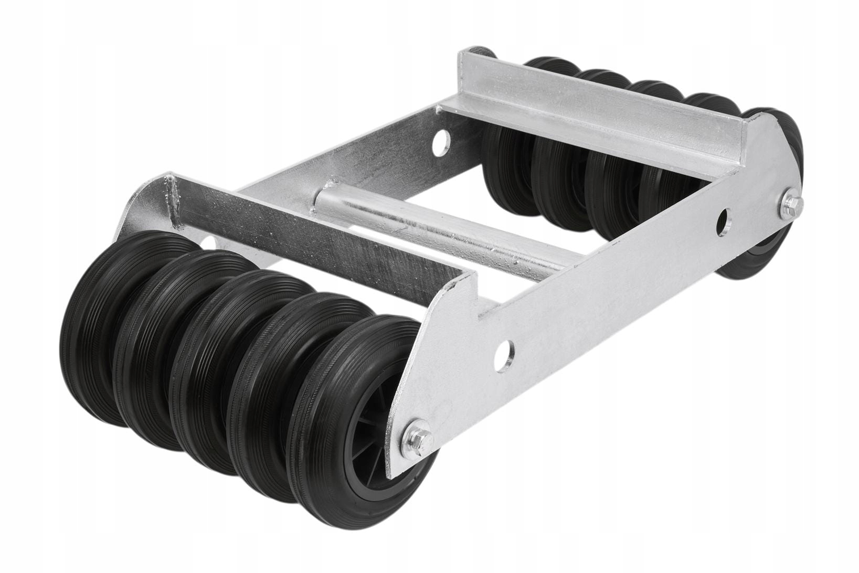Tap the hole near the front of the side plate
[506, 348]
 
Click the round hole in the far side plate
[442, 141]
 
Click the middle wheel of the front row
[220, 367]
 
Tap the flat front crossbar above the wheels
[315, 236]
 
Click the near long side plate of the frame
[603, 304]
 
